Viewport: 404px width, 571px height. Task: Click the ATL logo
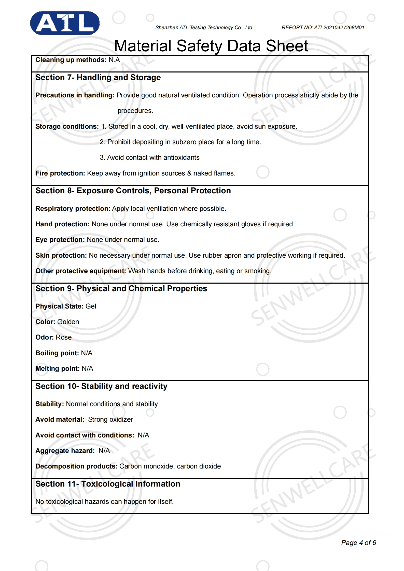coord(65,23)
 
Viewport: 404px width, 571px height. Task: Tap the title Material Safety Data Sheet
coord(211,46)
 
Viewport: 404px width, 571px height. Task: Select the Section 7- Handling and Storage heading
coord(98,78)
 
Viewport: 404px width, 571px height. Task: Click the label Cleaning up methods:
coord(71,60)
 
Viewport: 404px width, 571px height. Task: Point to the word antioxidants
coord(181,158)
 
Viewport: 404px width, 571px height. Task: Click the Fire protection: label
coord(60,173)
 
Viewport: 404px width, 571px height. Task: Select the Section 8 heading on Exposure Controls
coord(133,191)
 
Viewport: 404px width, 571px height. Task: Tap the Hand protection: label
coord(62,224)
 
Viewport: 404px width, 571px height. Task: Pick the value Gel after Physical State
coord(91,306)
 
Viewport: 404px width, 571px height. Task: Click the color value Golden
coord(68,322)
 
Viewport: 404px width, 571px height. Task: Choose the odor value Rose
coord(64,338)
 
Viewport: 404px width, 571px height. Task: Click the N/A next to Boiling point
coord(87,353)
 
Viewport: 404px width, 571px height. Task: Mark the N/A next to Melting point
coord(87,369)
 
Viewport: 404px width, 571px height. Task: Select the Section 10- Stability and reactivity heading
coord(101,386)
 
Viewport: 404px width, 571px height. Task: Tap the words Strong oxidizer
coord(110,420)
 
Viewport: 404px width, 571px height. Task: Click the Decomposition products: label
coord(76,466)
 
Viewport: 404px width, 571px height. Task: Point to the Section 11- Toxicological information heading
coord(108,484)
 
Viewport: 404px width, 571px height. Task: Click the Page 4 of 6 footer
coord(358,543)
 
